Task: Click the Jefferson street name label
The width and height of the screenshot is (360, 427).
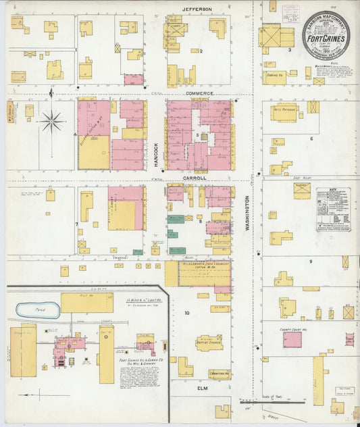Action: [x=197, y=9]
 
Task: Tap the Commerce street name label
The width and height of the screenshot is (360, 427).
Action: [x=200, y=93]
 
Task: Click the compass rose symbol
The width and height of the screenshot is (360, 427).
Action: [x=51, y=122]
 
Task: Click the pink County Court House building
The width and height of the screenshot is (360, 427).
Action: [x=292, y=338]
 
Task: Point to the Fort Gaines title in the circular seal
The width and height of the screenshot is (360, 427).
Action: [x=326, y=39]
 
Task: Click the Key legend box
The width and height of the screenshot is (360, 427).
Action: [x=334, y=209]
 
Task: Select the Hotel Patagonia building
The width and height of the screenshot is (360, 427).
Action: [x=284, y=113]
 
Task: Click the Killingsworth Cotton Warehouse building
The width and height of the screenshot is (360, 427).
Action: [x=204, y=274]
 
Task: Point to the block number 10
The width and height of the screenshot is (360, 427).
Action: [x=187, y=313]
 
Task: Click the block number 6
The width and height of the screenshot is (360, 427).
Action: [x=311, y=139]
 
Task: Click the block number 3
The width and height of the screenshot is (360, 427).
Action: [x=290, y=50]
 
